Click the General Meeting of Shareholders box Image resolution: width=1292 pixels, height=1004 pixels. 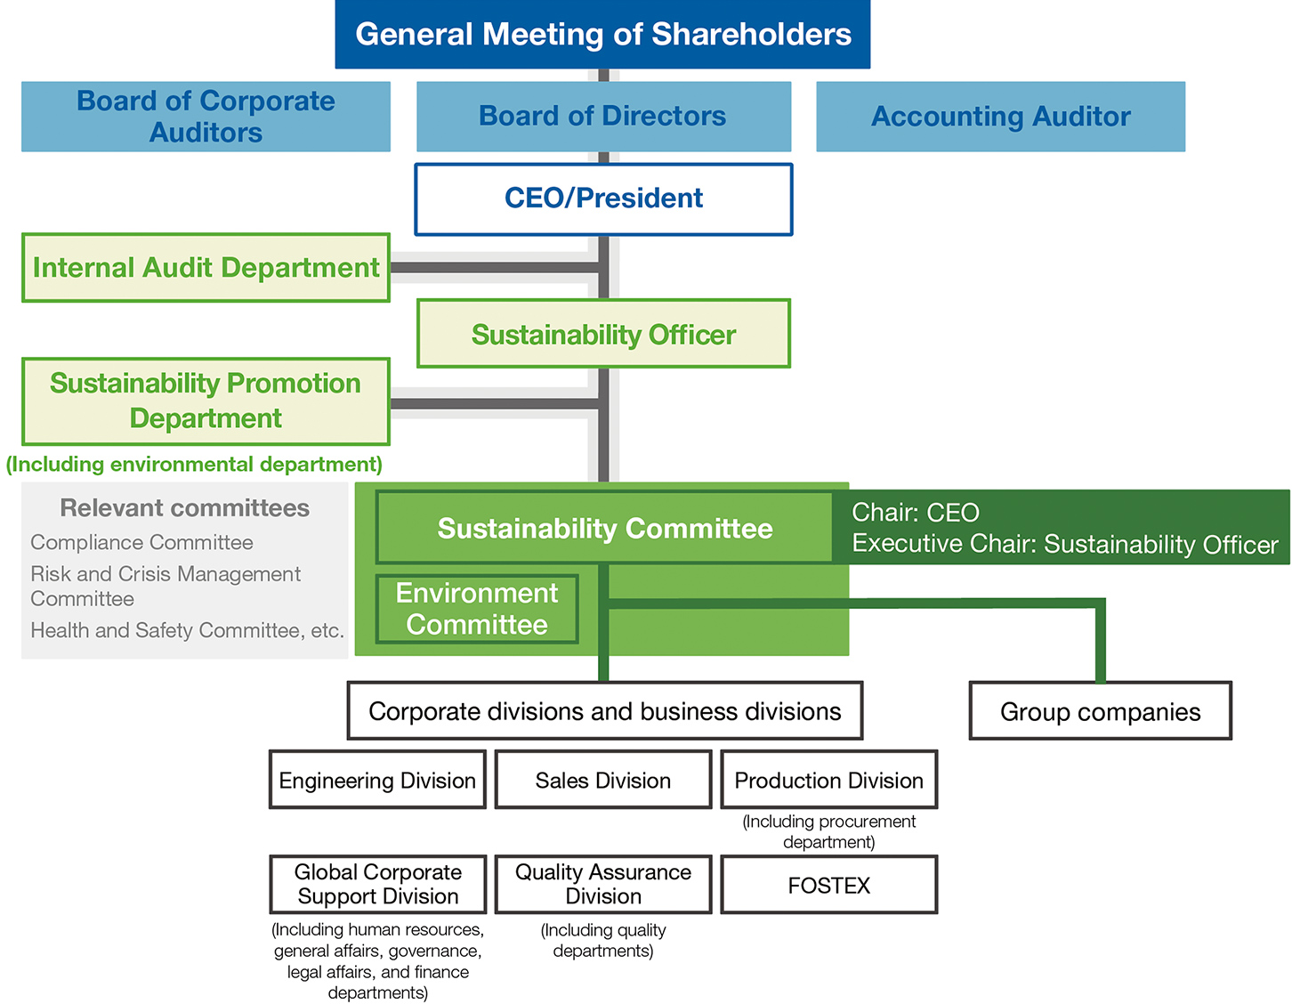coord(602,35)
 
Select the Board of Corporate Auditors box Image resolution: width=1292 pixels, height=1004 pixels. coord(206,117)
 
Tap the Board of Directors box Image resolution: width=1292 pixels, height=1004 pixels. coord(603,117)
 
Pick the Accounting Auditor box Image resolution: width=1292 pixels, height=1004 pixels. coord(1000,117)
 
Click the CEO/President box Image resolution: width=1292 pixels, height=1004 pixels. coord(603,198)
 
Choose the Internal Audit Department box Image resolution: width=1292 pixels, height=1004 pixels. coord(206,268)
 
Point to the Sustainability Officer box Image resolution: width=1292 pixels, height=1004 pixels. coord(603,335)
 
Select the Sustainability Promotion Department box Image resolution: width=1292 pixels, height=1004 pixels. coord(206,401)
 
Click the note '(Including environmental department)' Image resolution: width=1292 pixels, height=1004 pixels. coord(194,465)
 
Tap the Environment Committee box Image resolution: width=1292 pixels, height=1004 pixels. coord(477,609)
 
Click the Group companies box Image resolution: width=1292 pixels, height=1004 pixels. coord(1100,711)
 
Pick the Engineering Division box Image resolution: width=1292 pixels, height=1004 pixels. coord(377,781)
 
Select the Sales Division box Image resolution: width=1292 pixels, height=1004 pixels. coord(603,781)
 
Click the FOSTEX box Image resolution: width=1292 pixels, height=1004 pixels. coord(828,886)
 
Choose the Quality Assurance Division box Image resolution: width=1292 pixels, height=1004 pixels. coord(603,885)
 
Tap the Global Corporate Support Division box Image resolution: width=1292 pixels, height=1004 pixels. coord(377,885)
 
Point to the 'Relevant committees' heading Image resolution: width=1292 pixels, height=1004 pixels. coord(184,508)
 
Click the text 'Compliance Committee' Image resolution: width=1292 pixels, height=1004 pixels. coord(141,543)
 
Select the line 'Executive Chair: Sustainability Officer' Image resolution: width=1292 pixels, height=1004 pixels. coord(1064,545)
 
